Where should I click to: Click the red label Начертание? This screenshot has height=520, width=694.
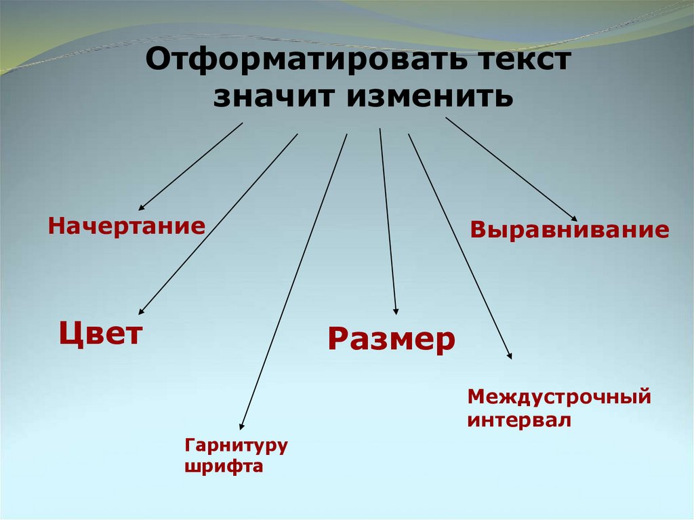pos(126,226)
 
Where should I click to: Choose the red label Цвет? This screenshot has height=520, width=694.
pos(101,334)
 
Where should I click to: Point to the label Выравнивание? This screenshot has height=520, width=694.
pos(570,230)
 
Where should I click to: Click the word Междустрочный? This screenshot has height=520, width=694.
pos(559,396)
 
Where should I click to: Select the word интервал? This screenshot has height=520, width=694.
pos(519,420)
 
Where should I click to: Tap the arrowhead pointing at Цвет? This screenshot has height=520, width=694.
pos(141,312)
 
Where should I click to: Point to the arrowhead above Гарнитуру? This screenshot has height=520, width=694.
pos(241,426)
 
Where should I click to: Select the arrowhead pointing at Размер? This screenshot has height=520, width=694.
pos(396,311)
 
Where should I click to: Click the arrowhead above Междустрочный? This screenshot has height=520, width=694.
pos(510,356)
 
